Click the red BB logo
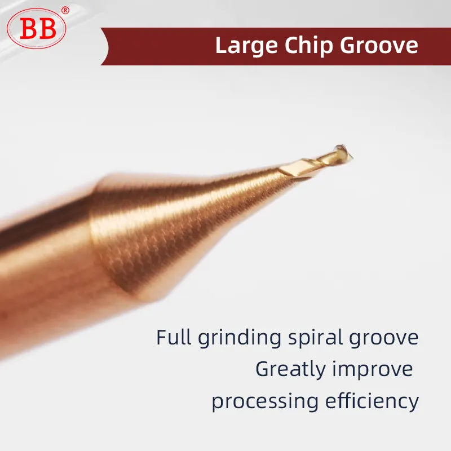[x=37, y=29]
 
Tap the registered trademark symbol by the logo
[x=65, y=11]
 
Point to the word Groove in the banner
[x=379, y=46]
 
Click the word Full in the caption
[x=174, y=337]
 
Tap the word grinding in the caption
[x=239, y=338]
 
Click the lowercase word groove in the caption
[x=384, y=339]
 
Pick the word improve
[x=373, y=370]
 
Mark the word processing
[x=265, y=402]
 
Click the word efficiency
[x=372, y=401]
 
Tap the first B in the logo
[x=29, y=29]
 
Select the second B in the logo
[x=47, y=29]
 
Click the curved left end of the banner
[x=105, y=46]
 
